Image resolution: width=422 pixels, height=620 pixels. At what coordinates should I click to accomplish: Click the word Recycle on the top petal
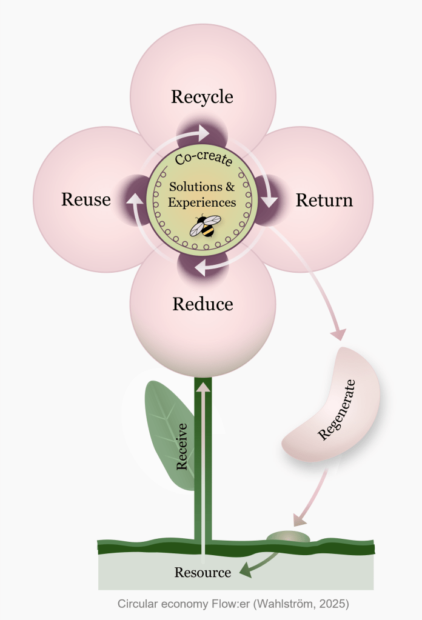click(202, 97)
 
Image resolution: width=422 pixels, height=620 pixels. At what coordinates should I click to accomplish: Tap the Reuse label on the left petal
click(86, 199)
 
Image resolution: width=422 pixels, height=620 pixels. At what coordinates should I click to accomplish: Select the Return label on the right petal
click(324, 200)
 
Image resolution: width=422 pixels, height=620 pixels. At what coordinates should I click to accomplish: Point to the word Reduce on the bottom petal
click(203, 304)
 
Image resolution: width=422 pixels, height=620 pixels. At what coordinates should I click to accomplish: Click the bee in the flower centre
click(203, 226)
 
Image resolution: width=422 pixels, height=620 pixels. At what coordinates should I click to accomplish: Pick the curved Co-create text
click(203, 159)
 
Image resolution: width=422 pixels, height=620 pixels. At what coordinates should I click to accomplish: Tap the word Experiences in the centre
click(202, 202)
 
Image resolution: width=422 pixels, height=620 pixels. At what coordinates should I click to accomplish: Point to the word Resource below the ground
click(203, 572)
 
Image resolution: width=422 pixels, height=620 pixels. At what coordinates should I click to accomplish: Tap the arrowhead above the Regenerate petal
click(338, 333)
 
